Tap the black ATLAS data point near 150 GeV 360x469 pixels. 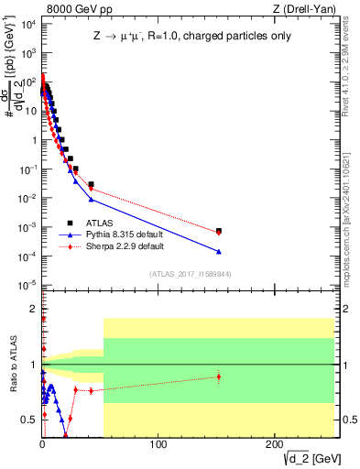pyautogui.click(x=219, y=232)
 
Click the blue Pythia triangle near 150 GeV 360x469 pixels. pyautogui.click(x=219, y=252)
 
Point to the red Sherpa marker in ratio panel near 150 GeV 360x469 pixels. pyautogui.click(x=219, y=376)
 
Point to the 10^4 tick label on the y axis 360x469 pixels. pyautogui.click(x=27, y=24)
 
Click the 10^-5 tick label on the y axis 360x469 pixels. pyautogui.click(x=27, y=284)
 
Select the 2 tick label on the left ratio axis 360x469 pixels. pyautogui.click(x=32, y=308)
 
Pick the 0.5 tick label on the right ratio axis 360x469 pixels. pyautogui.click(x=350, y=420)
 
